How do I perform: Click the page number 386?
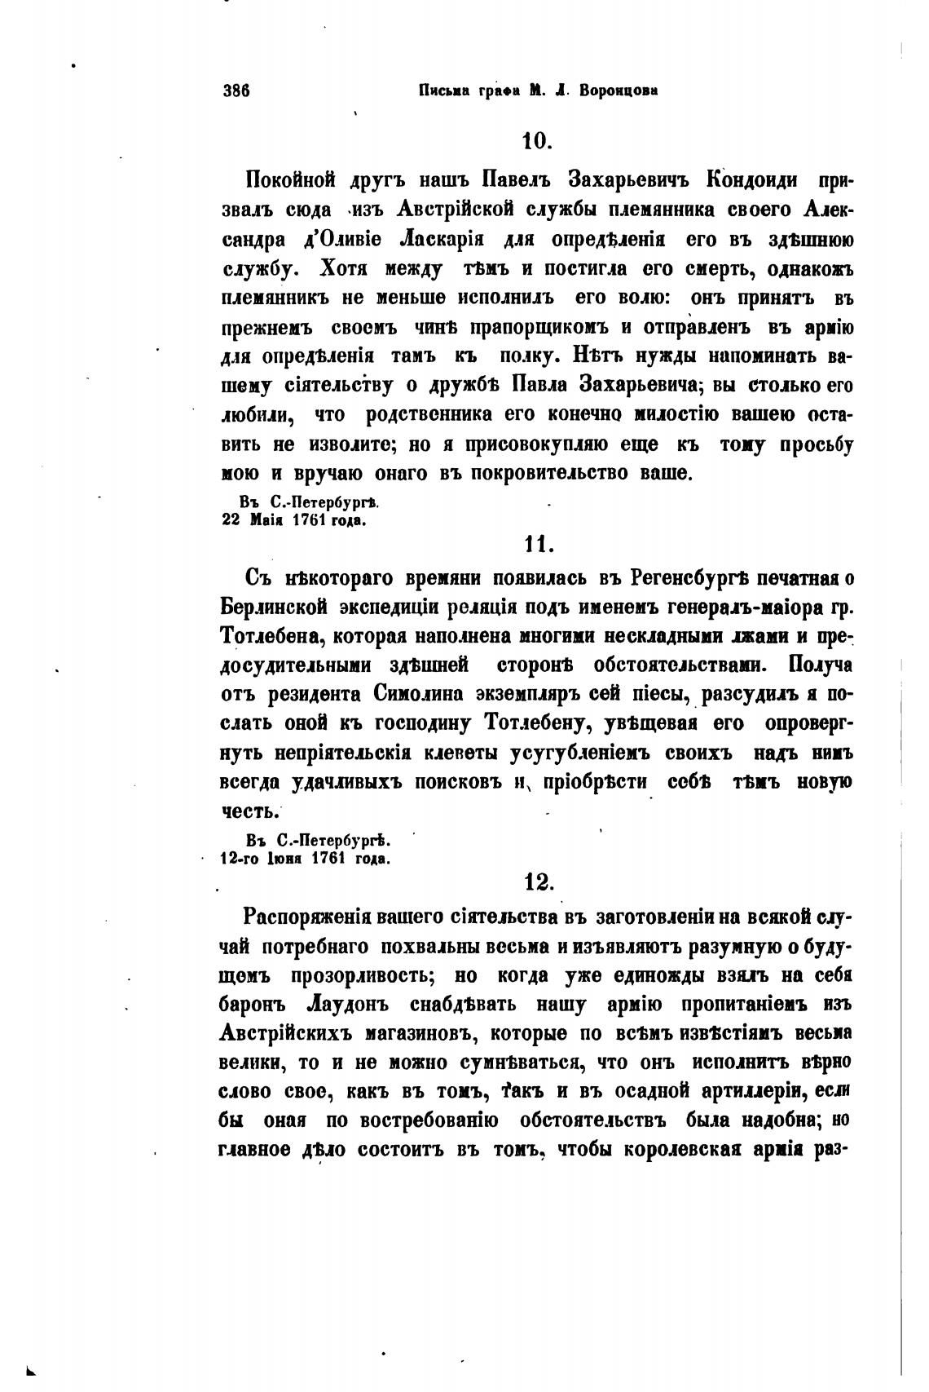(x=236, y=91)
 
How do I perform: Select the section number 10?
(x=538, y=140)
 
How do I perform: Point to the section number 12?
(x=538, y=882)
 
